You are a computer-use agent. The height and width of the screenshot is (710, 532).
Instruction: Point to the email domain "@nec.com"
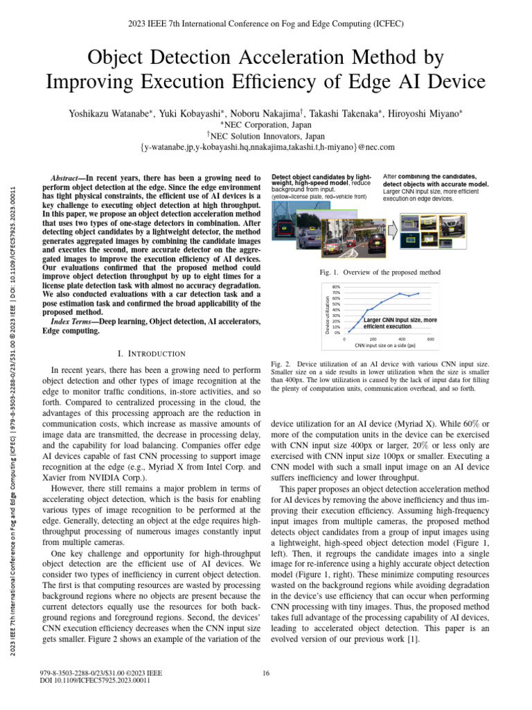(373, 147)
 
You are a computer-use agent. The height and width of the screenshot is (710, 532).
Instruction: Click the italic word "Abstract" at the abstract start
(69, 177)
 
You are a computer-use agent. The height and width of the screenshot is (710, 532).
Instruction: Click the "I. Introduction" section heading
(152, 354)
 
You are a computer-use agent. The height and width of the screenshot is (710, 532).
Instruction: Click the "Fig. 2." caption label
(281, 363)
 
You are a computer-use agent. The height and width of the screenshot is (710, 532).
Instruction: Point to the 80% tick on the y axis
(336, 287)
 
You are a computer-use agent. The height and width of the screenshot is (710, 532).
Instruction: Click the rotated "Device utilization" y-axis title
(328, 312)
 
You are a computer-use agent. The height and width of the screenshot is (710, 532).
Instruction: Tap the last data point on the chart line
(418, 293)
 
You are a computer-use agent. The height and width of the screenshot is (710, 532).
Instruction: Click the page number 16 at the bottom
(266, 673)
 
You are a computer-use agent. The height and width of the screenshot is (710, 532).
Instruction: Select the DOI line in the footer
(96, 680)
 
